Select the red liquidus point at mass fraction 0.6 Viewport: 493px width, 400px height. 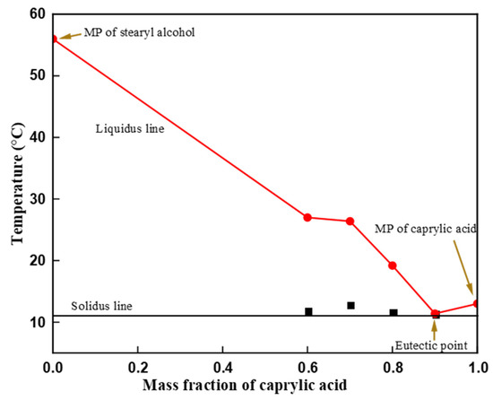(x=307, y=217)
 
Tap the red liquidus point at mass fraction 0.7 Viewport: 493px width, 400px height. (x=350, y=221)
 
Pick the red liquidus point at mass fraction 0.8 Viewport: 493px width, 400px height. (x=393, y=265)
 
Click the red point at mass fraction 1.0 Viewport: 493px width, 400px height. (x=477, y=303)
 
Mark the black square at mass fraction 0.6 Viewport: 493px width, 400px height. (x=308, y=311)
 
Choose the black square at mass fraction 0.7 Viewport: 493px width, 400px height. (x=350, y=305)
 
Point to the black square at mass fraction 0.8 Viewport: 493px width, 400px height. (x=394, y=312)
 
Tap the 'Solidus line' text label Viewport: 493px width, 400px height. (x=100, y=306)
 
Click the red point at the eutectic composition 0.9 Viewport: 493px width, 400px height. (x=436, y=314)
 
